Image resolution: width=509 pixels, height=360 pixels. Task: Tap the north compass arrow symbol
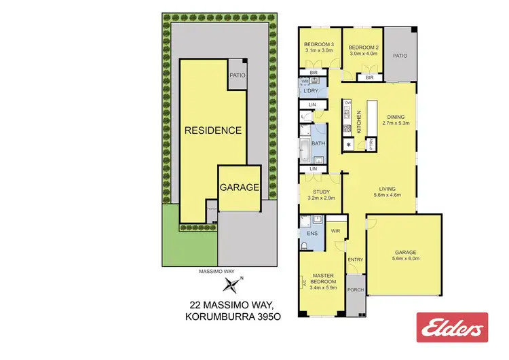[x=234, y=284]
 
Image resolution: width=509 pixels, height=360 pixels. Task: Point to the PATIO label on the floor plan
[x=400, y=56]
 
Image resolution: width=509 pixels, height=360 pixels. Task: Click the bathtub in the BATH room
[x=303, y=145]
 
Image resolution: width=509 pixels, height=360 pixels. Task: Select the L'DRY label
[x=312, y=90]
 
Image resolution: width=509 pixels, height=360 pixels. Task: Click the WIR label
[x=335, y=231]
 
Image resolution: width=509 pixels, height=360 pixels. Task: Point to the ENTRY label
[x=356, y=259]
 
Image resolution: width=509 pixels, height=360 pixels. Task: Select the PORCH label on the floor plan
[x=356, y=289]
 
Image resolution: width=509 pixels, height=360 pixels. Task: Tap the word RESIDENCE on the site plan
[x=214, y=130]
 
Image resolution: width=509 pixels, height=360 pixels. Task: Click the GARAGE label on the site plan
[x=239, y=187]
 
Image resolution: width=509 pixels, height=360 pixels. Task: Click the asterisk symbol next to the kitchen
[x=349, y=145]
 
